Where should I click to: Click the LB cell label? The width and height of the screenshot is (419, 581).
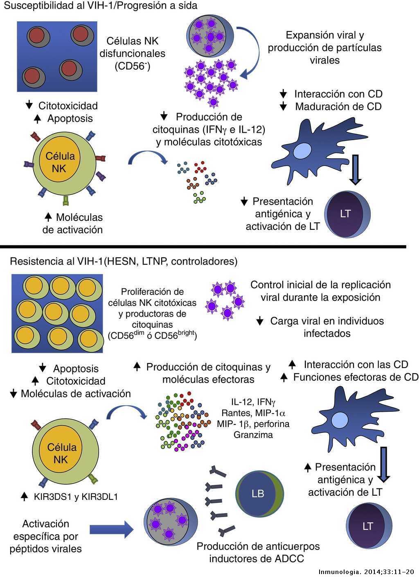point(258,493)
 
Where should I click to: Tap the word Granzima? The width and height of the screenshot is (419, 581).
point(253,434)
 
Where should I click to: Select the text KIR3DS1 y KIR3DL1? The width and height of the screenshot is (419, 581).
point(76,497)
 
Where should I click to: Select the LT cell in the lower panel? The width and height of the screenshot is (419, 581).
point(369,526)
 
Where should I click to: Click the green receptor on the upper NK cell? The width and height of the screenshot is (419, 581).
point(66,200)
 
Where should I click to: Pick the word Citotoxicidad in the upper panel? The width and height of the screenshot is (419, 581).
point(68,106)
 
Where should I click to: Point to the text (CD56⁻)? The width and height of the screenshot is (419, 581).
point(132,66)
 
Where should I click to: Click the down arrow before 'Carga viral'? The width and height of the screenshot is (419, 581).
point(260,321)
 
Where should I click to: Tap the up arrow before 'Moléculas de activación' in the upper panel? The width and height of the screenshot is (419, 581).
point(48,217)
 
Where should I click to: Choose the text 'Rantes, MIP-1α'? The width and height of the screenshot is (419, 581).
point(253,413)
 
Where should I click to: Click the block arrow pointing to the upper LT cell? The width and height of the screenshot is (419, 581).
point(355,170)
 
